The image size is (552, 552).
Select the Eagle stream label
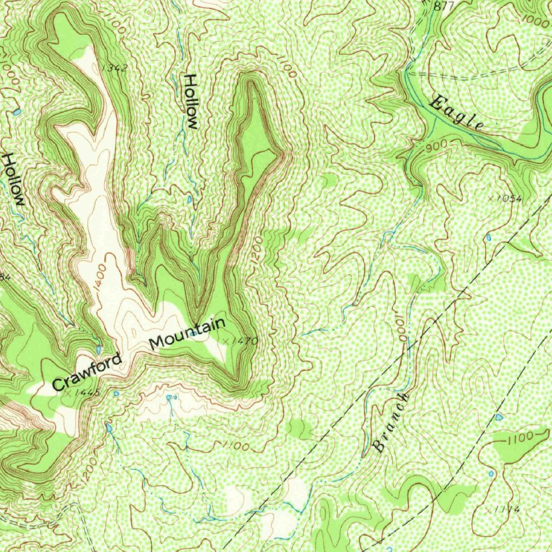(457, 114)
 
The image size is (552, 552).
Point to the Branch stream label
(391, 423)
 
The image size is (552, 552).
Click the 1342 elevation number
(114, 68)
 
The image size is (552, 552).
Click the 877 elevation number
(443, 6)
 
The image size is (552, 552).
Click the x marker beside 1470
(225, 341)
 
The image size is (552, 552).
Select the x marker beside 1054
(490, 198)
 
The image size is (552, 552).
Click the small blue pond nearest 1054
(488, 237)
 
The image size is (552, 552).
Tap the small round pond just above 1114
(491, 473)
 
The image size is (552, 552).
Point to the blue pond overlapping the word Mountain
(191, 334)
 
